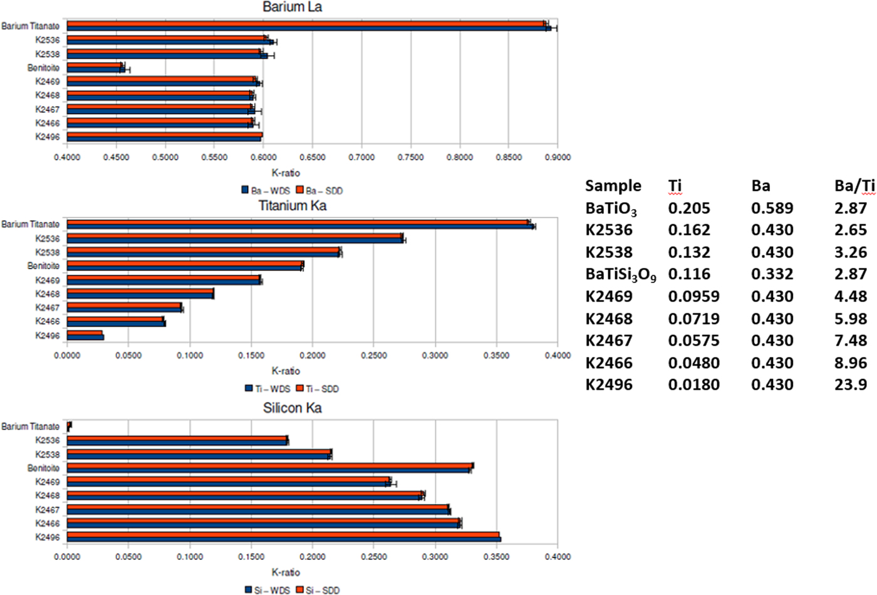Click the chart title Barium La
[292, 8]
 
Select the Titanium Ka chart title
[292, 205]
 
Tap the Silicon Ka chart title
[292, 408]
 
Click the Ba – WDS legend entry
[265, 190]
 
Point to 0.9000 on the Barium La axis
[558, 157]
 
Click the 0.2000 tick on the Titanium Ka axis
[312, 355]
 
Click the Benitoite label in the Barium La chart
[43, 68]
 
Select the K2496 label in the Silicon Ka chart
[48, 537]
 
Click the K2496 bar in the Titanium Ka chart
[85, 336]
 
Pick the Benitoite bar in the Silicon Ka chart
[269, 468]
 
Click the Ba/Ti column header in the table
[854, 185]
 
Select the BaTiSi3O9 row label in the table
[620, 274]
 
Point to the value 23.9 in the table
[851, 385]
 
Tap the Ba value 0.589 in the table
[772, 208]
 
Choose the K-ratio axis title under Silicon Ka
[286, 572]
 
